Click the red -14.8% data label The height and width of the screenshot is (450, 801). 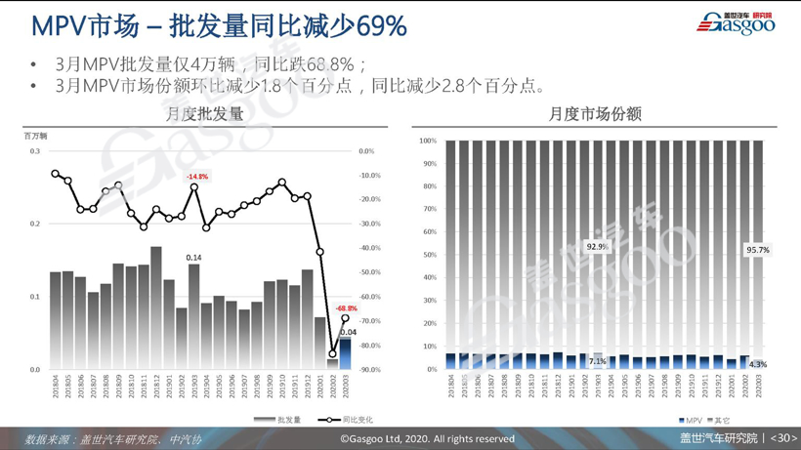197,177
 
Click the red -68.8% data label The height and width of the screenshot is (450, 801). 346,308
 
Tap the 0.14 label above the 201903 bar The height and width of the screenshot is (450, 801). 193,258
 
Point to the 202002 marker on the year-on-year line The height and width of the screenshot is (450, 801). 332,354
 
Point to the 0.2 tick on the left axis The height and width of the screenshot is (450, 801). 34,224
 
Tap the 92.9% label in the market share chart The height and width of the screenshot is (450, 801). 597,247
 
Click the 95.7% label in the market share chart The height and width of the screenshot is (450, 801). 757,250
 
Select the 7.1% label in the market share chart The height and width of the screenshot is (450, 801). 597,361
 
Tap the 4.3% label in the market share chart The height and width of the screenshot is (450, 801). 757,364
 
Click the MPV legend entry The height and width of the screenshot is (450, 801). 691,420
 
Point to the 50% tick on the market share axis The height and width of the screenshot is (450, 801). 428,255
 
